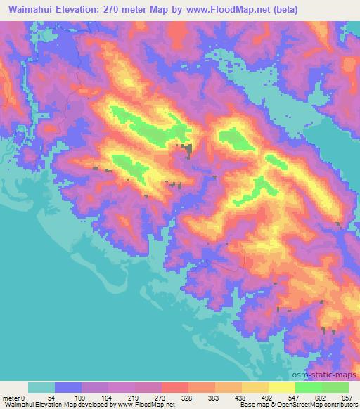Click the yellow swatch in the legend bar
(x=281, y=387)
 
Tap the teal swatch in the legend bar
(x=41, y=387)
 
